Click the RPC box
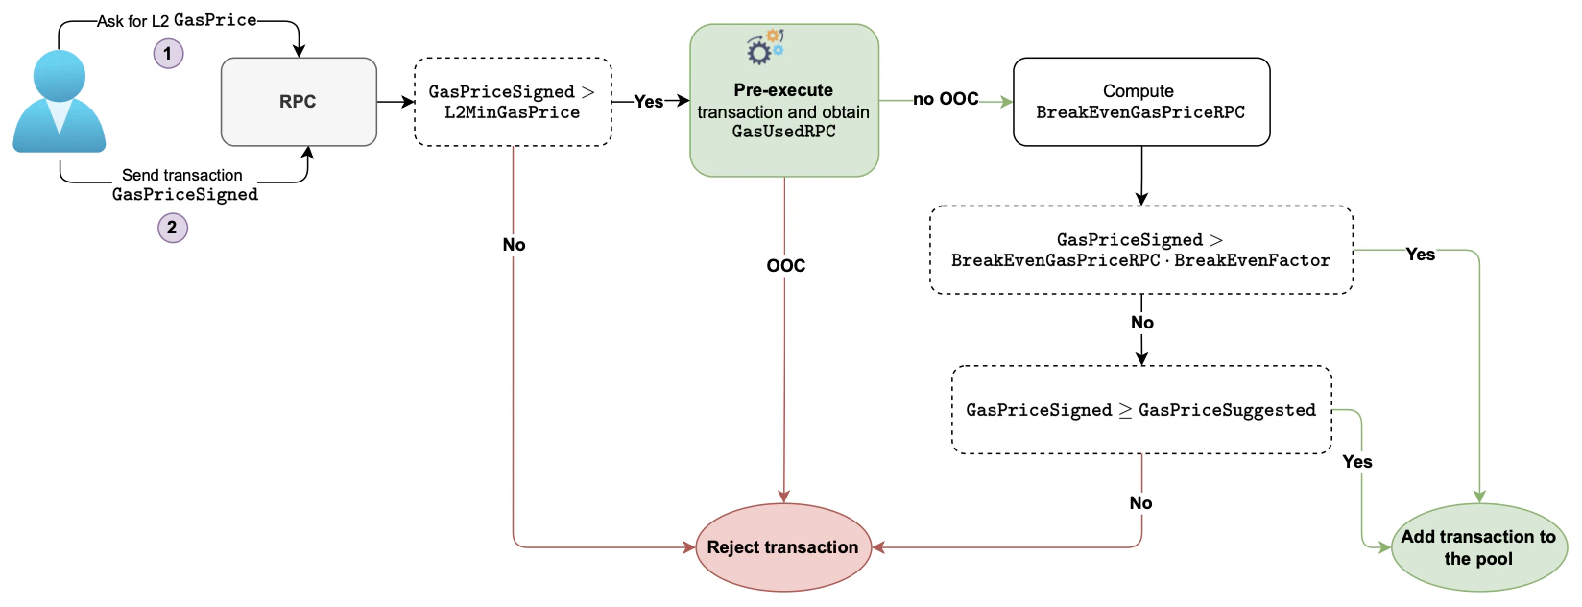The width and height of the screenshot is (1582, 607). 299,102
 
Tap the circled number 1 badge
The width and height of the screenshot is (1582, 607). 168,53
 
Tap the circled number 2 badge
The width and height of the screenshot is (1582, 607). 172,228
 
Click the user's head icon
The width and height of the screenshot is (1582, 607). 60,75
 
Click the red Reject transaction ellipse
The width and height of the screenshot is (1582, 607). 783,547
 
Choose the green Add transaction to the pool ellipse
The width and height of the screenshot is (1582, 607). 1478,547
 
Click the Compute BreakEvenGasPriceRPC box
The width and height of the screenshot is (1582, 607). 1140,102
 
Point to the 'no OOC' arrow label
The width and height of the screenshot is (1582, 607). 946,99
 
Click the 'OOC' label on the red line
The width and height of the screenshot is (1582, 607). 785,266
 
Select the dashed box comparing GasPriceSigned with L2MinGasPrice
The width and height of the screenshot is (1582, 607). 512,102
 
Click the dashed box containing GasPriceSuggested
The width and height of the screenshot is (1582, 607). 1140,410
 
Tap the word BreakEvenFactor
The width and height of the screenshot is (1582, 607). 1252,260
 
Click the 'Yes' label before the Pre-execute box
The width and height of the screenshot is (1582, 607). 648,101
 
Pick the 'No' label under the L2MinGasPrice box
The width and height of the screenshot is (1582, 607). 514,245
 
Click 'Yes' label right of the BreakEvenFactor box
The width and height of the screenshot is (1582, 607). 1420,255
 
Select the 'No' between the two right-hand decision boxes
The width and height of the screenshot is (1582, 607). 1141,323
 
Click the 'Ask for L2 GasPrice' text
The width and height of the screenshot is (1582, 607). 177,20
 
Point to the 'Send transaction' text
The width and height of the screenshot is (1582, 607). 181,175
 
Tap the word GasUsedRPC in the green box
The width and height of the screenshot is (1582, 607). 783,132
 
